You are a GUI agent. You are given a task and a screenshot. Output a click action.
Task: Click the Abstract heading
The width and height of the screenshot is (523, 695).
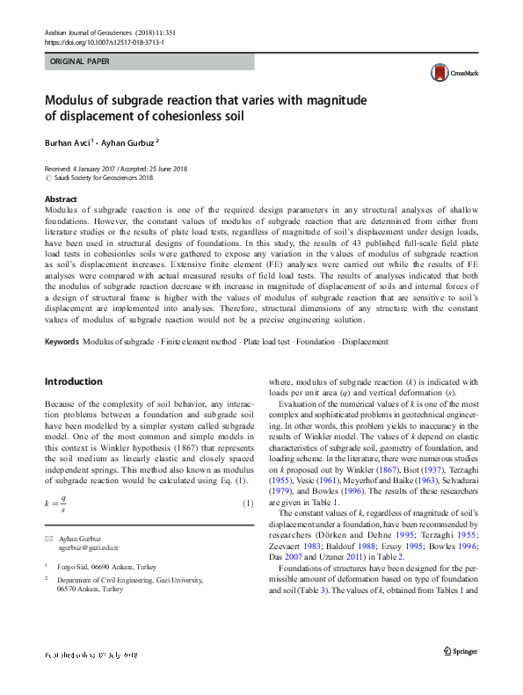coord(61,199)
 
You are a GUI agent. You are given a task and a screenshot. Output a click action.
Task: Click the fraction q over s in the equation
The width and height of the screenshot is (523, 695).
coord(63,503)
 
